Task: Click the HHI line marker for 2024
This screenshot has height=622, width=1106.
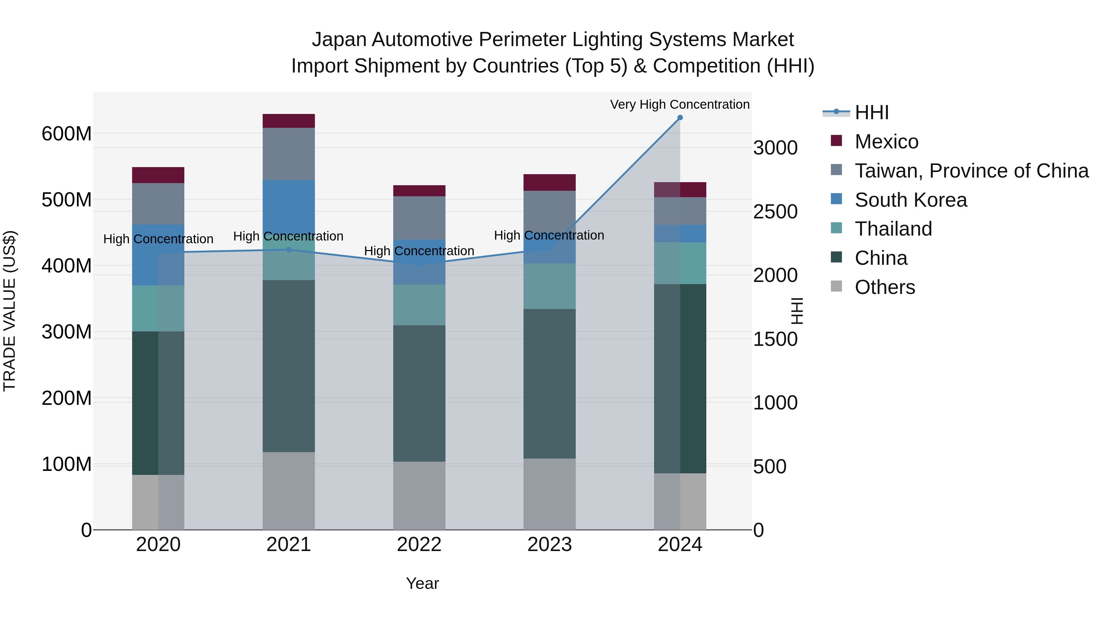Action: tap(680, 118)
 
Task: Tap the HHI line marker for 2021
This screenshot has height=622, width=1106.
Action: tap(288, 249)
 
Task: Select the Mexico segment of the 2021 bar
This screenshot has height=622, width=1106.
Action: tap(288, 121)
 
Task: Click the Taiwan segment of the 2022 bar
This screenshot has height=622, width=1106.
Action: tap(419, 218)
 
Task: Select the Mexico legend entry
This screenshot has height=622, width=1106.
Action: tap(886, 142)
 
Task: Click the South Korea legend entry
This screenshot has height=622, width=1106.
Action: tap(910, 200)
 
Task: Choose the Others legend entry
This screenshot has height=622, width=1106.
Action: tap(884, 287)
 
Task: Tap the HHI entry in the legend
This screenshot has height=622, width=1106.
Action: tap(871, 112)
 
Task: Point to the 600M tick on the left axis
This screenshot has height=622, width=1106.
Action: tap(67, 134)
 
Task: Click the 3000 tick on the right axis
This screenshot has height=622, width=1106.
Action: tap(775, 148)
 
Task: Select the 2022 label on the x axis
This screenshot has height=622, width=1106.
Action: tap(419, 545)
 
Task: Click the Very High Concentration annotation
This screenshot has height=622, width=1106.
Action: tap(680, 104)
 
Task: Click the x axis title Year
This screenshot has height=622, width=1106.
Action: tap(422, 583)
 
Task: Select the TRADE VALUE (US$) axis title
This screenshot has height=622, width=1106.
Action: tap(10, 311)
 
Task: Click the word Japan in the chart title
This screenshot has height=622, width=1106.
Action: tap(339, 40)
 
